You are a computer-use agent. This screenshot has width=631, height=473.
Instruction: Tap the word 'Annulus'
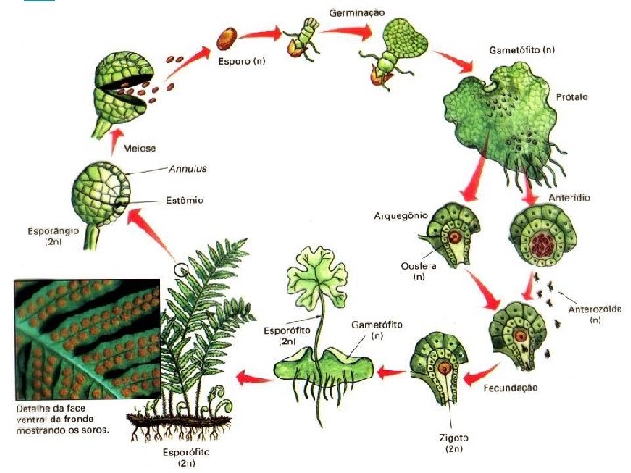[x=188, y=169]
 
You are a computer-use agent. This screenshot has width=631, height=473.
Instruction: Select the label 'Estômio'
[x=184, y=201]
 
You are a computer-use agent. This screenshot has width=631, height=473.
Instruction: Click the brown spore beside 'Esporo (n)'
[x=226, y=38]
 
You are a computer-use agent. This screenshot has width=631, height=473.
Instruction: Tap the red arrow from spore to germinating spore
[x=260, y=35]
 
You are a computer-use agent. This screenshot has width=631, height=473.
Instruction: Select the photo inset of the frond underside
[x=85, y=339]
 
